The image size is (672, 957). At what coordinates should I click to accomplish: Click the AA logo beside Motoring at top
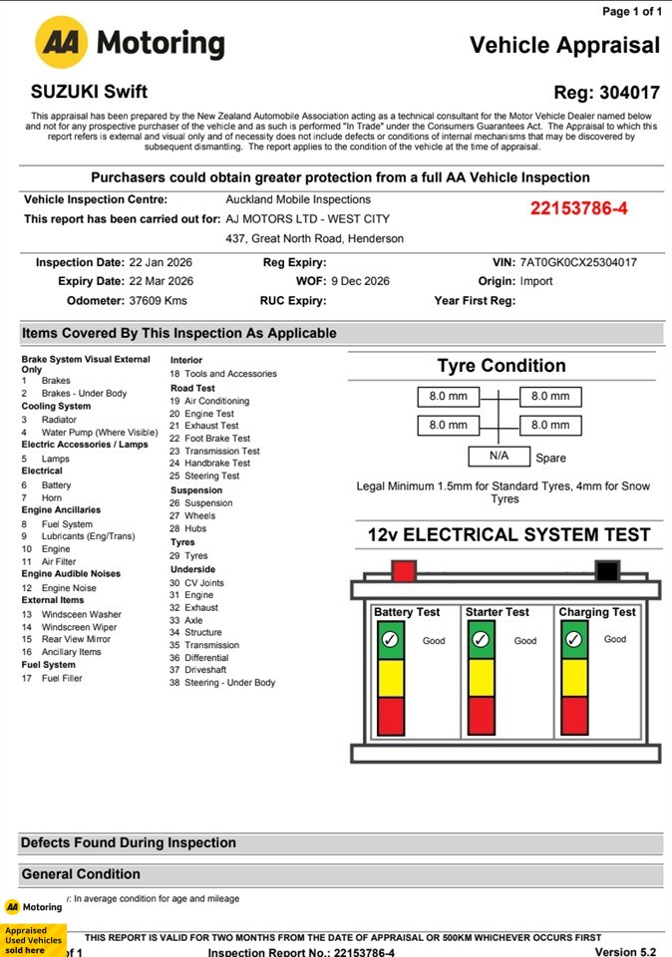[63, 43]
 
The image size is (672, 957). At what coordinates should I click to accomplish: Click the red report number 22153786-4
[579, 208]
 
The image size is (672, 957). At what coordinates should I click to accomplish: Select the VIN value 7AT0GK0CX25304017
[578, 262]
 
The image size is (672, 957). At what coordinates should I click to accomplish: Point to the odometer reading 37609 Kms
[158, 300]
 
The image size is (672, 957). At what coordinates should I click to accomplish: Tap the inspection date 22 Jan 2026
[162, 262]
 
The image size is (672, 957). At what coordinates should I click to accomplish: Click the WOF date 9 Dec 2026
[360, 281]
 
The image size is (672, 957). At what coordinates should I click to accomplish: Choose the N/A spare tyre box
[499, 456]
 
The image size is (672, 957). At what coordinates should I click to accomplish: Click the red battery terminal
[403, 571]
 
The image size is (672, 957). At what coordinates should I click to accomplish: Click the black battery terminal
[606, 571]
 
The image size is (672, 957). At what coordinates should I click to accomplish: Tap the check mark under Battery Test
[391, 639]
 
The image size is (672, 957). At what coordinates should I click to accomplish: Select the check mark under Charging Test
[574, 639]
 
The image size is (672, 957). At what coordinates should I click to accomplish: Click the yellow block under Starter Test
[481, 677]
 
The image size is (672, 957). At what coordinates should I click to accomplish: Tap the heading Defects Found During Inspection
[129, 842]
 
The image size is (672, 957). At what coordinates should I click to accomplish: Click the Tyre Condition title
[502, 366]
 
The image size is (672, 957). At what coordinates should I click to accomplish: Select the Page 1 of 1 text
[632, 11]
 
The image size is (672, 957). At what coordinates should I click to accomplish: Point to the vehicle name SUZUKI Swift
[90, 92]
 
